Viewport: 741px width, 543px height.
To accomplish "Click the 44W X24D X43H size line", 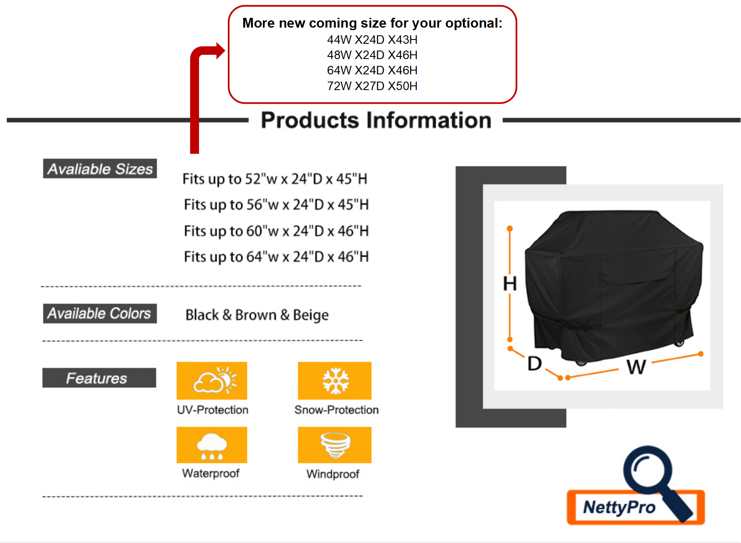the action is coord(372,40).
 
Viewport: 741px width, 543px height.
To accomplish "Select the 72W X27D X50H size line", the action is coord(372,86).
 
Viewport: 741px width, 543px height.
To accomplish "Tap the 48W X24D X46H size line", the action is coord(372,55).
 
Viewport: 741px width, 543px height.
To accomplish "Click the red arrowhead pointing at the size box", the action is coord(220,51).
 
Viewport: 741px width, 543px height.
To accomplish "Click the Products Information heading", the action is coord(376,120).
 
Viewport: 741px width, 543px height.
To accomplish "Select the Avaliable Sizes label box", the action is coord(100,169).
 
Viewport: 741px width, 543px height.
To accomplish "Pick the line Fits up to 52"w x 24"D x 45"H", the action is coord(275,179).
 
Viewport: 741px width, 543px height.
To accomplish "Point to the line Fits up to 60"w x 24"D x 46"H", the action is coord(276,231).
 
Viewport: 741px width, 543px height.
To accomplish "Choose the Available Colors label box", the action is coord(100,313).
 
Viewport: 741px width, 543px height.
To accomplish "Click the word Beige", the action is coord(311,315).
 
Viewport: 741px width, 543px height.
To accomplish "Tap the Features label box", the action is coord(99,378).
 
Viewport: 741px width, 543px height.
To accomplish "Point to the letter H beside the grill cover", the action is coord(510,283).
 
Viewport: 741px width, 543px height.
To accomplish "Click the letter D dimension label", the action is coord(534,364).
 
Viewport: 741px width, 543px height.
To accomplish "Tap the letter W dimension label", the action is coord(636,367).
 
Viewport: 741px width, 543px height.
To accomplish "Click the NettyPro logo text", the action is coord(619,507).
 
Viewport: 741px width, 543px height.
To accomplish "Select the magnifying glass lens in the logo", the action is coord(648,470).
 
